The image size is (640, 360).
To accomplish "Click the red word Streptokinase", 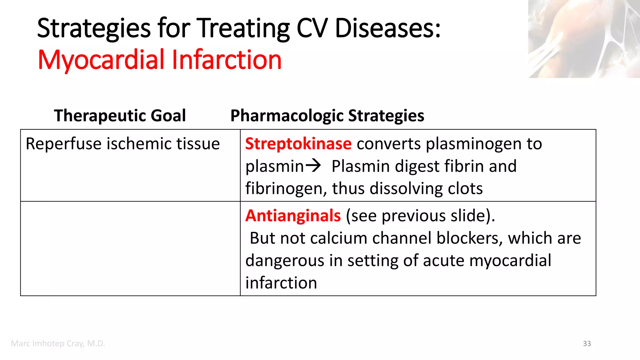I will tap(298, 144).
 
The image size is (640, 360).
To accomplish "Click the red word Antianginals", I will tap(293, 216).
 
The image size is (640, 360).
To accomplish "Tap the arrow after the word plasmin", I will tap(313, 166).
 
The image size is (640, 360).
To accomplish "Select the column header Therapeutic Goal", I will tap(120, 116).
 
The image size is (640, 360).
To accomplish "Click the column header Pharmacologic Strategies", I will tap(327, 116).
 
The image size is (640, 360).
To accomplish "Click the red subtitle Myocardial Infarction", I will tap(159, 60).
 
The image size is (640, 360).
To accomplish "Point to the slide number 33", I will tap(587, 343).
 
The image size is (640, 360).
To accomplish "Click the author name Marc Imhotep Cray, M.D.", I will tap(58, 343).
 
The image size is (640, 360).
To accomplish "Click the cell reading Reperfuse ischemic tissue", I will tap(122, 144).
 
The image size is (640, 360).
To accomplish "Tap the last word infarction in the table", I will tap(281, 283).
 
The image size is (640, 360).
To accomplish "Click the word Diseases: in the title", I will tap(387, 28).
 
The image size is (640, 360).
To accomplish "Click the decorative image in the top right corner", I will tap(584, 39).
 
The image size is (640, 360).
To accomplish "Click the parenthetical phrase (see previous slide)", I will tap(420, 216).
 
